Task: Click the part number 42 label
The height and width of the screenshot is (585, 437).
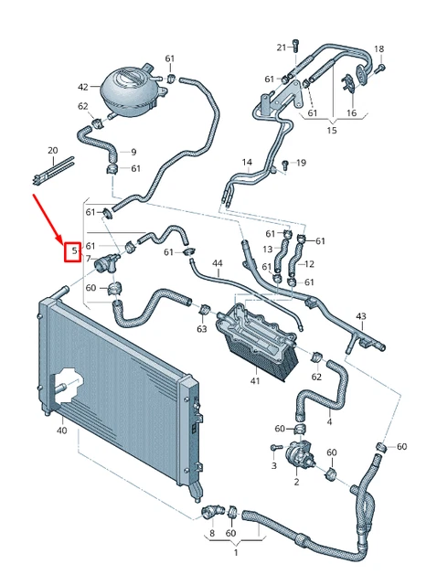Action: pos(83,87)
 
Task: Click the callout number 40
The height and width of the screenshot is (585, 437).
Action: pos(61,430)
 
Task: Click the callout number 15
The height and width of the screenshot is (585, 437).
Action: pos(332,131)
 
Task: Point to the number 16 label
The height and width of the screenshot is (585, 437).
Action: pos(351,113)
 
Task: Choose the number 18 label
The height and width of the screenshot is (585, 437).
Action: pos(379,48)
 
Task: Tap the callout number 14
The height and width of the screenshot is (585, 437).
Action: pos(247,164)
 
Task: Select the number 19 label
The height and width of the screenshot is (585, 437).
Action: pos(301,164)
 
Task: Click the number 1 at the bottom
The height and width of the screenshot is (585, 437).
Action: pos(236,553)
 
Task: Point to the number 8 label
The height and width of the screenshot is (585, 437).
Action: pos(212,533)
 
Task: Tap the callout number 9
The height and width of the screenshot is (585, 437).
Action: pos(133,152)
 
